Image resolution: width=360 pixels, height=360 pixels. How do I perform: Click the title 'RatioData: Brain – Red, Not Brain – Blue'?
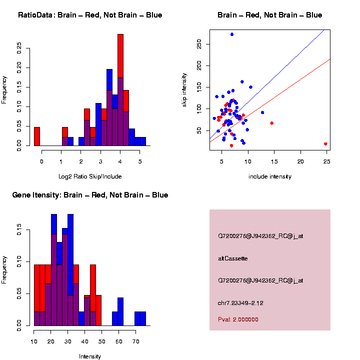[90, 15]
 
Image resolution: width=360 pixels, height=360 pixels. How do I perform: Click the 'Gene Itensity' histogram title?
[90, 195]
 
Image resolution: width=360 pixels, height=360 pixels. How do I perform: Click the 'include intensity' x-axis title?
[270, 176]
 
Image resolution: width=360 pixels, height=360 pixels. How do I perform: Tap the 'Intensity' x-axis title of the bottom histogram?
[90, 356]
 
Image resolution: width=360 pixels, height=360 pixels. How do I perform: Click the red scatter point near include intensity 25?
[325, 144]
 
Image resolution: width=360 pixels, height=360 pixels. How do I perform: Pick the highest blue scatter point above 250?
[232, 34]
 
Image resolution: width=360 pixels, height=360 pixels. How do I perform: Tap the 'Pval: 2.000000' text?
[238, 319]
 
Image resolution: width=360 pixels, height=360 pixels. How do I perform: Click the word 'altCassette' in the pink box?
[232, 258]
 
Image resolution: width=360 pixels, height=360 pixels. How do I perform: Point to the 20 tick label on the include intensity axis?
[300, 161]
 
